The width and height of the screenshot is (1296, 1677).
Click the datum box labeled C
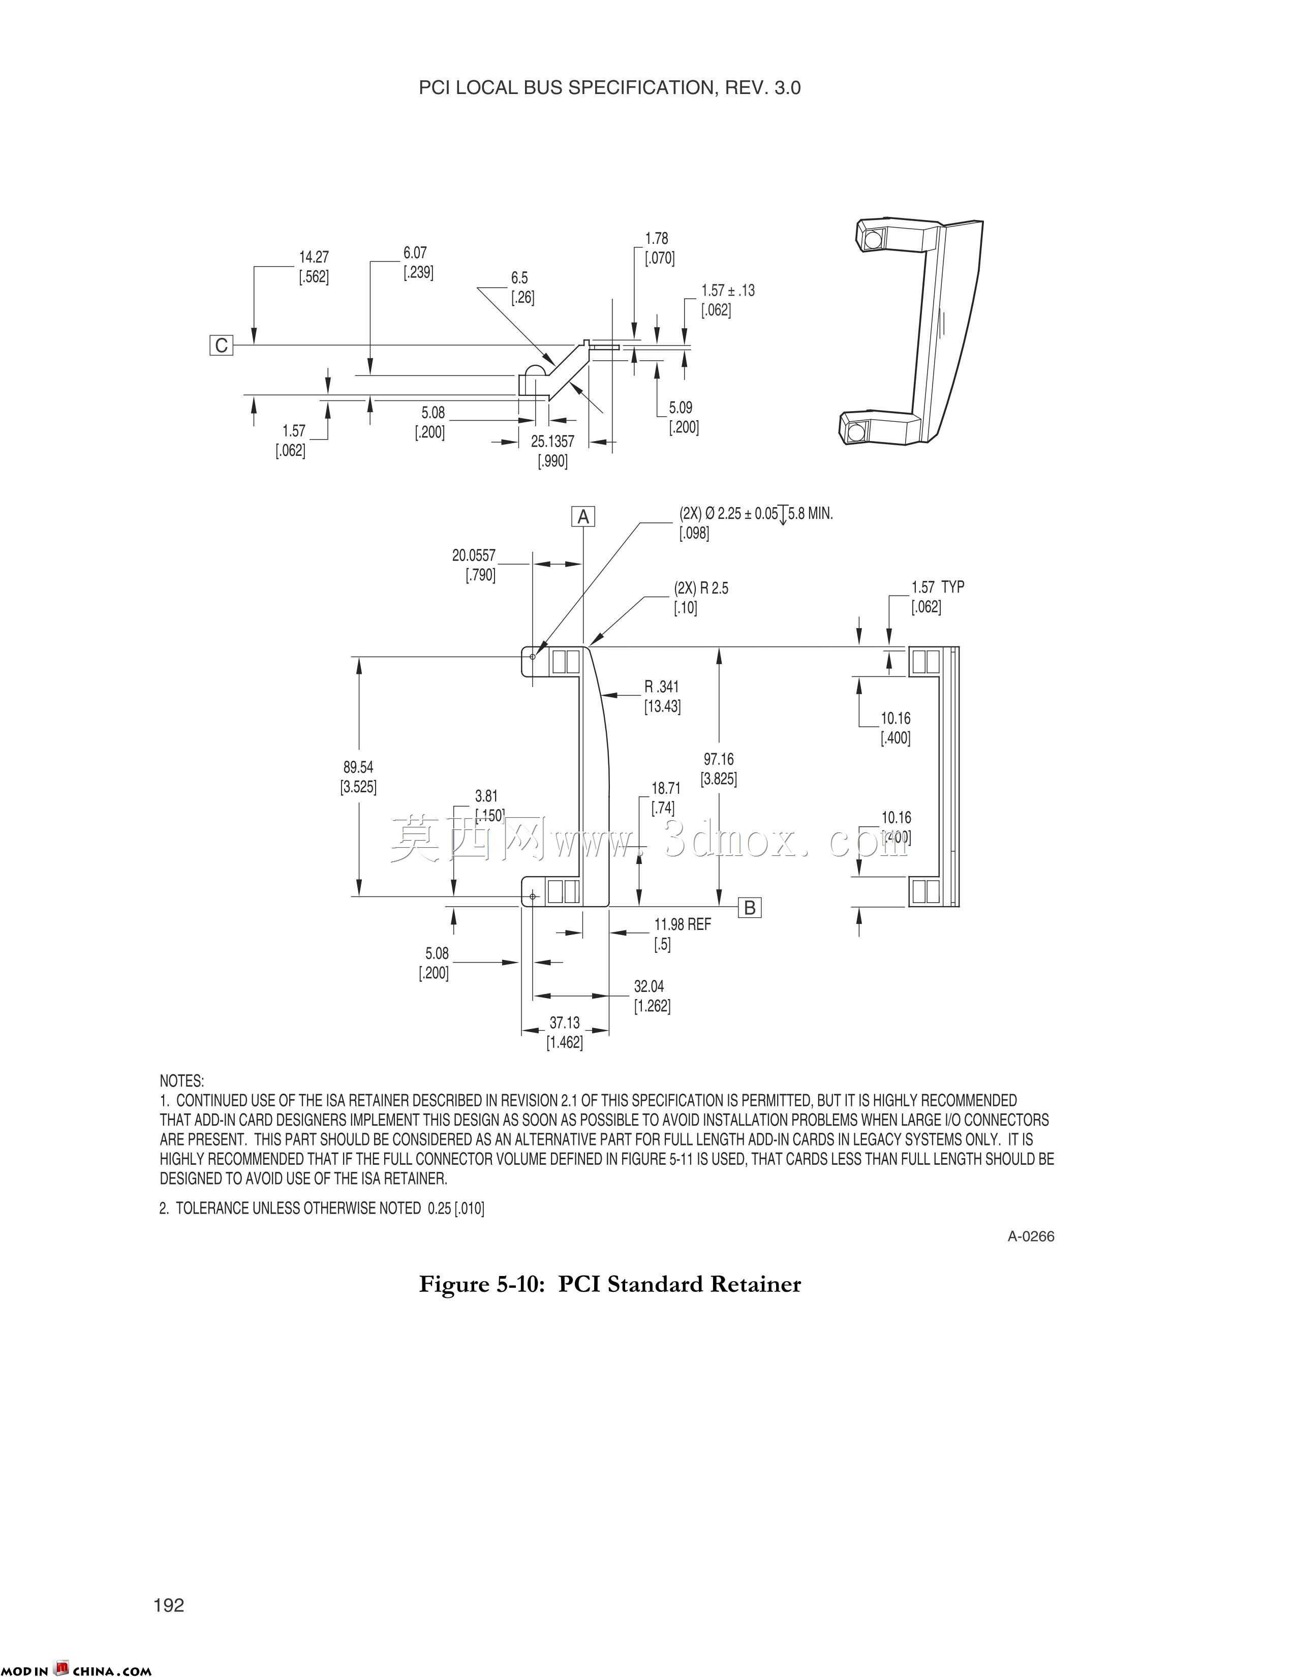tap(221, 346)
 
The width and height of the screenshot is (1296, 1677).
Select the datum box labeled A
tap(583, 517)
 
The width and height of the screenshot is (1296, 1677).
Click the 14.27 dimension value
tap(314, 257)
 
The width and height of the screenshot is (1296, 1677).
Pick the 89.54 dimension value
tap(358, 767)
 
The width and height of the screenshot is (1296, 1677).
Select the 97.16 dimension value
tap(719, 759)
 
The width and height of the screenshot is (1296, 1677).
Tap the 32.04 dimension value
tap(649, 987)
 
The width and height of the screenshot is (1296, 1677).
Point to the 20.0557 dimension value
tap(474, 555)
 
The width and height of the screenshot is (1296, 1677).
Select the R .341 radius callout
tap(662, 687)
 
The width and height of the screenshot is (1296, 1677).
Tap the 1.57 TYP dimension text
tap(938, 587)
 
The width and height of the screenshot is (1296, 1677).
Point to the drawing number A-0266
tap(1031, 1236)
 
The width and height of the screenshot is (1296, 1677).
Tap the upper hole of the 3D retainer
tap(871, 239)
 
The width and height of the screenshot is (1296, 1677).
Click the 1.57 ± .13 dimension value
tap(728, 291)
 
